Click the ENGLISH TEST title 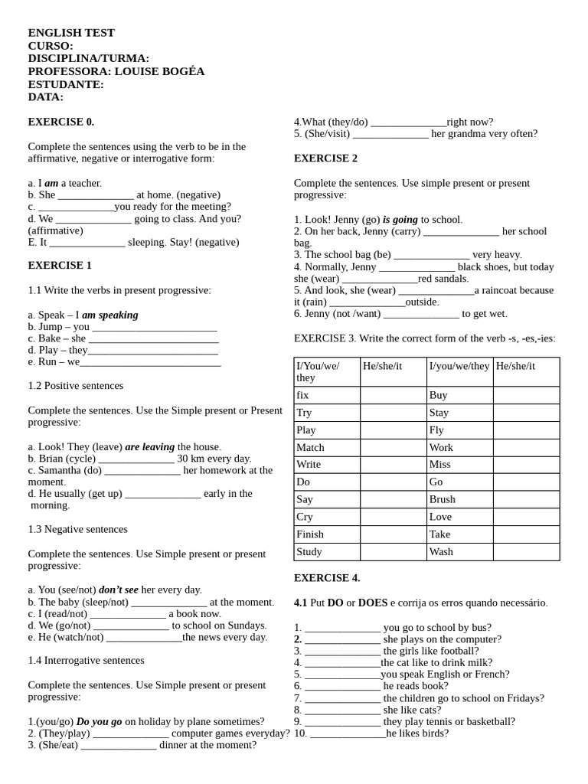(71, 33)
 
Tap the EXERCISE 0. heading (61, 122)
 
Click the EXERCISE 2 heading (325, 158)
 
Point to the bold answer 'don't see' (119, 590)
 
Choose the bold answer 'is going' (400, 219)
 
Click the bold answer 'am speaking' (110, 315)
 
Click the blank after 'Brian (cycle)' (136, 459)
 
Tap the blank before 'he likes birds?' (348, 733)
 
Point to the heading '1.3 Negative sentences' (78, 529)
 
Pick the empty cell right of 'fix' (393, 395)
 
